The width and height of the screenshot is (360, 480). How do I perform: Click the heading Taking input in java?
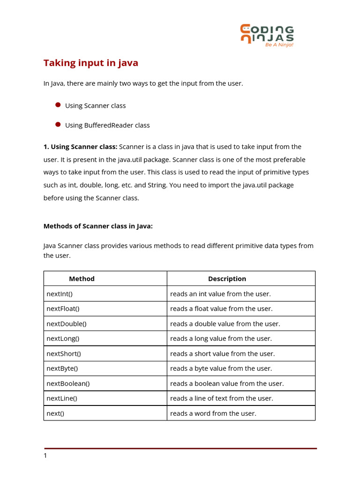[91, 63]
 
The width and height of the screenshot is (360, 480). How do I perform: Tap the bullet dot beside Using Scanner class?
[58, 105]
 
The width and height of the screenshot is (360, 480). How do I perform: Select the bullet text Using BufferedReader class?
[107, 125]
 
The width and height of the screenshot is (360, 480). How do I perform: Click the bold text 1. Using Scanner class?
[80, 147]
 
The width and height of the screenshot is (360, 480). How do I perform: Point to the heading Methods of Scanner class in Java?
[98, 226]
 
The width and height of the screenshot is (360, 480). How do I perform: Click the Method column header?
[82, 278]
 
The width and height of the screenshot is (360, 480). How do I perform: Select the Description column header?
[227, 278]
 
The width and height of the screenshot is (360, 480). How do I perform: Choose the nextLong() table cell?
[63, 338]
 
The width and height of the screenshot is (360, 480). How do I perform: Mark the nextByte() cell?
[62, 368]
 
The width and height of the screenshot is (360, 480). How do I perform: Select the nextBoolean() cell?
[68, 383]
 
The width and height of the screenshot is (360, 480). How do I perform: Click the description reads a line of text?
[221, 398]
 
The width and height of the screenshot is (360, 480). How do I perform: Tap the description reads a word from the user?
[213, 413]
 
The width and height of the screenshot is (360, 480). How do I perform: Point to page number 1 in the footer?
[45, 456]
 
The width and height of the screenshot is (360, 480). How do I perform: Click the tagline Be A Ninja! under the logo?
[279, 45]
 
